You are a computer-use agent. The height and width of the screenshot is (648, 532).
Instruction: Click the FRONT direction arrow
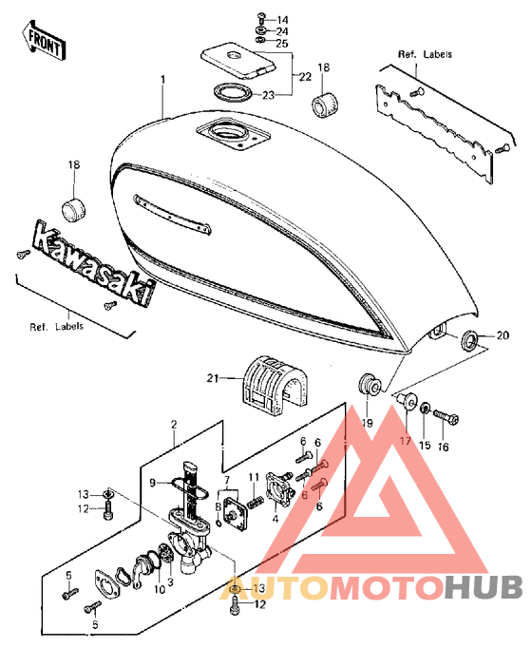coord(44,40)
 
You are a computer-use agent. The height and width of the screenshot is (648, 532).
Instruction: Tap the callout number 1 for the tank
coord(163,79)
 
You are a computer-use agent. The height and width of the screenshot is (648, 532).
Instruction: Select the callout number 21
coord(213,378)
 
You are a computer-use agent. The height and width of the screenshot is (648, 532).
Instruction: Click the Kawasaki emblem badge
coord(94,262)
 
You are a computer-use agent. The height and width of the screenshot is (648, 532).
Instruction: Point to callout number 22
coord(305,77)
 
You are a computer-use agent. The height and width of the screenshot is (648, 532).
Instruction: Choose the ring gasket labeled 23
coord(233,92)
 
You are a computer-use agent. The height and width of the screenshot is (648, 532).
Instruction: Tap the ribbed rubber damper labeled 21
coord(275,385)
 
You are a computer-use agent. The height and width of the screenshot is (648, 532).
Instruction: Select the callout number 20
coord(503,335)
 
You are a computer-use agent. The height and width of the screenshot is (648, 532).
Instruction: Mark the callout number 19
coord(368,423)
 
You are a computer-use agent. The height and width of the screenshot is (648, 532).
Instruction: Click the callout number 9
coord(152,483)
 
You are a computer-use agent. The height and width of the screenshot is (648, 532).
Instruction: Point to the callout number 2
coord(174,425)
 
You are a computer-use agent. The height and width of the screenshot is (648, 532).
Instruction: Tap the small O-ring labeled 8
coord(219,524)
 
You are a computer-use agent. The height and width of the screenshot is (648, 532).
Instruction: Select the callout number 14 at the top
coord(282,20)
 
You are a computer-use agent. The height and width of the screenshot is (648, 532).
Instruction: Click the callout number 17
coord(406,441)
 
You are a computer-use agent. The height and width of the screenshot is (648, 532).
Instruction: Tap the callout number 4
coord(275,519)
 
